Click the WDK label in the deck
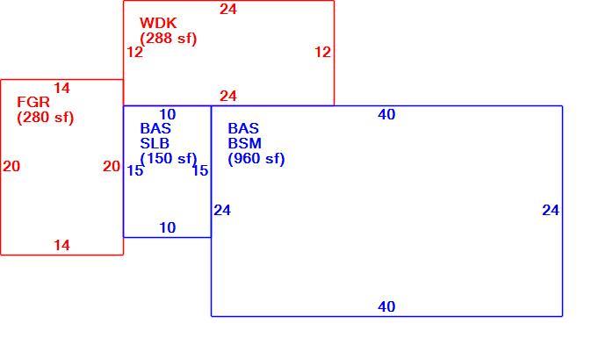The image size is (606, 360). pos(158,23)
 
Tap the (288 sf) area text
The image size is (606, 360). pos(169,39)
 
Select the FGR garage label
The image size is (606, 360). pos(33,103)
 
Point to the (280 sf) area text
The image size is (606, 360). pos(45,118)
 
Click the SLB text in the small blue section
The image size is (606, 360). pos(155,144)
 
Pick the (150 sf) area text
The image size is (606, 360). pos(169,159)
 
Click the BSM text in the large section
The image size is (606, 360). pos(245,144)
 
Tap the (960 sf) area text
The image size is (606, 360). pos(256,159)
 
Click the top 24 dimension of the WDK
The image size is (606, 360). pos(228,10)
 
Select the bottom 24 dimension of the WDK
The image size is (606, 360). pos(228,97)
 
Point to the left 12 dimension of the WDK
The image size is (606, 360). pos(135,52)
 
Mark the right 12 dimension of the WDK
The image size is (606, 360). pos(322,52)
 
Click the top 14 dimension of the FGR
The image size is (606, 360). pos(61,89)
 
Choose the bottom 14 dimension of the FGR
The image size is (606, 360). pos(61,245)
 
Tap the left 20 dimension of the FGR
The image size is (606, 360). pos(11,167)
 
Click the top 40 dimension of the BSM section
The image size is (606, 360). pos(386,115)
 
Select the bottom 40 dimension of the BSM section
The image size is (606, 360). pos(386,307)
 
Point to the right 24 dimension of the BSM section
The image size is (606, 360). pos(551,211)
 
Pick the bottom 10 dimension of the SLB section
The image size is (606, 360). pos(168,228)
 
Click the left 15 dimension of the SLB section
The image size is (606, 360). pos(135,170)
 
